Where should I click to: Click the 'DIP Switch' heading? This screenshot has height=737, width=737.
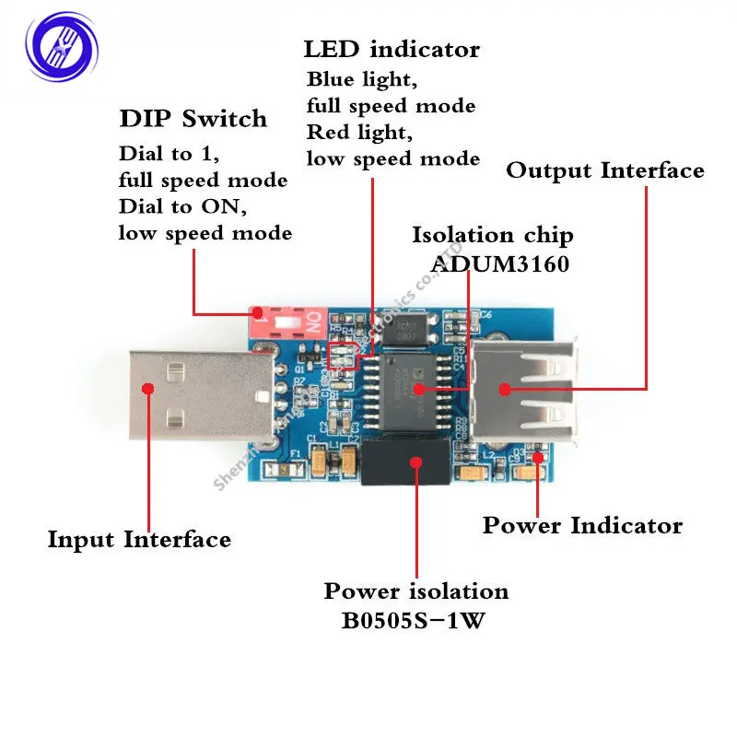193,119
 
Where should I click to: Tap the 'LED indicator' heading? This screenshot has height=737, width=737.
392,49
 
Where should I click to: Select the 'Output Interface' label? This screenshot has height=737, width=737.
605,170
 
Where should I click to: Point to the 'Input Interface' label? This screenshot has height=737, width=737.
139,539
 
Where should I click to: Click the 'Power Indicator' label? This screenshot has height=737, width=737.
582,526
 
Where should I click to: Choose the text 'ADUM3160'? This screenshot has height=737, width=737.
500,263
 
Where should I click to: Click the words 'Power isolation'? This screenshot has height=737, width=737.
416,591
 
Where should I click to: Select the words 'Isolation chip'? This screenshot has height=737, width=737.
492,235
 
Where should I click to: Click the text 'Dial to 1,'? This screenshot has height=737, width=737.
168,154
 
